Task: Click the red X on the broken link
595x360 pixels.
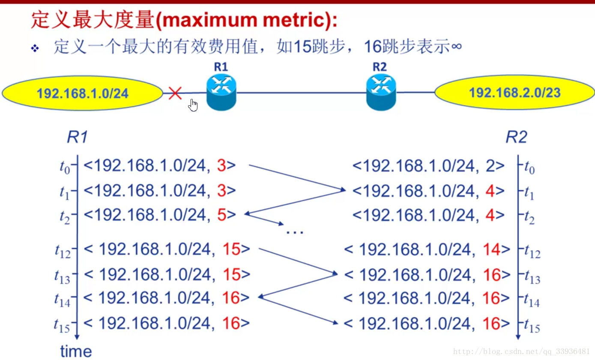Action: pos(175,93)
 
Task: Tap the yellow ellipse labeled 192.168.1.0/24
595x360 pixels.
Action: pos(82,93)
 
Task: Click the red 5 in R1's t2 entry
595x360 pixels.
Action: pos(221,214)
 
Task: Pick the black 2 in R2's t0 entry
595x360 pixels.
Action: pos(490,166)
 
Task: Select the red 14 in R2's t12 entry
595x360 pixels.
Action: pos(491,249)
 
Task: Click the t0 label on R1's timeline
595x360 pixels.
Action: pos(64,167)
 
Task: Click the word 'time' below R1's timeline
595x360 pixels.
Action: pos(76,351)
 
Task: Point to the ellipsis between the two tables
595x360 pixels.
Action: pos(295,232)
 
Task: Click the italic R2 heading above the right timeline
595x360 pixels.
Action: pos(516,137)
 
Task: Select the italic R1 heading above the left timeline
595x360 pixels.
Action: pos(78,137)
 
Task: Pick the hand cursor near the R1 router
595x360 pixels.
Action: pos(193,105)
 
